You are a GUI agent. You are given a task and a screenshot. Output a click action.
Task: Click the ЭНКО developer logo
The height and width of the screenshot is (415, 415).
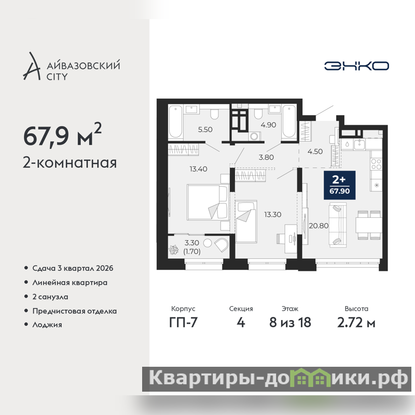[356, 66]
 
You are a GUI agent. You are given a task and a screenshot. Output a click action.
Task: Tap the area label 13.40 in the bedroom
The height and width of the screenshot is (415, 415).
[198, 169]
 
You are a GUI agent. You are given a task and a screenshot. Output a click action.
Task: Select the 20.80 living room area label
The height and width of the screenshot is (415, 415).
[319, 226]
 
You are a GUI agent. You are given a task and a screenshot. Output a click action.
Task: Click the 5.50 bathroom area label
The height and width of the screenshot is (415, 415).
[205, 129]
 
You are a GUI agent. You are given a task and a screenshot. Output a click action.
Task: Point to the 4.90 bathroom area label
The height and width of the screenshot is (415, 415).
[268, 125]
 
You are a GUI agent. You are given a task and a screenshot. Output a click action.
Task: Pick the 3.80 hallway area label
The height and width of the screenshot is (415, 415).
[266, 157]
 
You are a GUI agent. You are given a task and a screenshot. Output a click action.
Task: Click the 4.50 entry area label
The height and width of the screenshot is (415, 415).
[315, 151]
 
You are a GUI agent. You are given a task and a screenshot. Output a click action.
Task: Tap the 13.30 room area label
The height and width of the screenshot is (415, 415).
[273, 214]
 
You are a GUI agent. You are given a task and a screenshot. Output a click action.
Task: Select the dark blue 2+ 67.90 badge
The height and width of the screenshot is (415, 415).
[340, 185]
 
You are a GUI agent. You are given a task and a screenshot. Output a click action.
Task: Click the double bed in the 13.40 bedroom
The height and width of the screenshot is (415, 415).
[208, 202]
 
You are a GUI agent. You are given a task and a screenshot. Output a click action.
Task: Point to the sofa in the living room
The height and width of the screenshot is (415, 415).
[338, 225]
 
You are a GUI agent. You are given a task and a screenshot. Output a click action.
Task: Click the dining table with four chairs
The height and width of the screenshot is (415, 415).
[368, 225]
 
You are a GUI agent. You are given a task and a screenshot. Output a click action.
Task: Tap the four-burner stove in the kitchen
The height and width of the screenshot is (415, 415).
[376, 164]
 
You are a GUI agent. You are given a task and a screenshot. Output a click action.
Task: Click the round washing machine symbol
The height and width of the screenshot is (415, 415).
[254, 136]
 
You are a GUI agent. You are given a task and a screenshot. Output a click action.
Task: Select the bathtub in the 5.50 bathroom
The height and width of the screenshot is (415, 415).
[175, 122]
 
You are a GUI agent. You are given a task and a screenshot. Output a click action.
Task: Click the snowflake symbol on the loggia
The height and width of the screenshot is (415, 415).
[174, 250]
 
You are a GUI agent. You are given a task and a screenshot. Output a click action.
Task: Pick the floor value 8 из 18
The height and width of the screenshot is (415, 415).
[290, 322]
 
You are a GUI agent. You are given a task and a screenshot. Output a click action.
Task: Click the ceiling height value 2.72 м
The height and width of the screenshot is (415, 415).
[356, 323]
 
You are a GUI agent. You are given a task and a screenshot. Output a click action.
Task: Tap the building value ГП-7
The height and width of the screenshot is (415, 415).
[183, 323]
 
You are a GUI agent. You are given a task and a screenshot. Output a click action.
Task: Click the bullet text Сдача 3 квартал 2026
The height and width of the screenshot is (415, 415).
[73, 268]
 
